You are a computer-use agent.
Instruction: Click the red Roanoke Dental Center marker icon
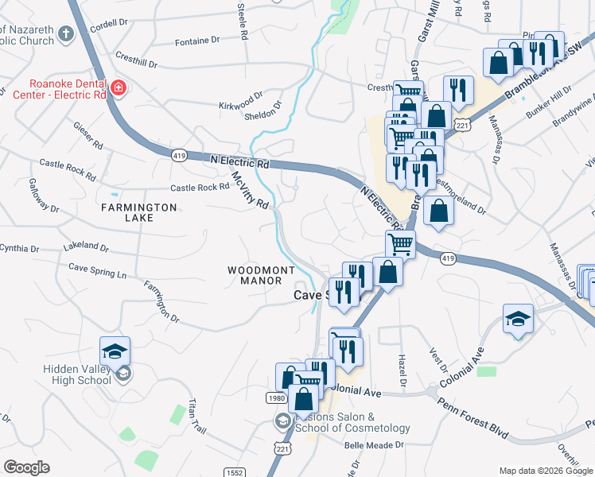coord(119,87)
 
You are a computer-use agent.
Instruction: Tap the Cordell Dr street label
coord(109,25)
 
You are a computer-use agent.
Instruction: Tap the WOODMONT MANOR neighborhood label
coord(262,276)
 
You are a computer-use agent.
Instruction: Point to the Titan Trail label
coord(196,416)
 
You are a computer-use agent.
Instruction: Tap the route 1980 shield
coord(274,397)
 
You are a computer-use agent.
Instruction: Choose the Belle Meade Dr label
coord(374,446)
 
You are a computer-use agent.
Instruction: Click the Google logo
coord(26,467)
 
